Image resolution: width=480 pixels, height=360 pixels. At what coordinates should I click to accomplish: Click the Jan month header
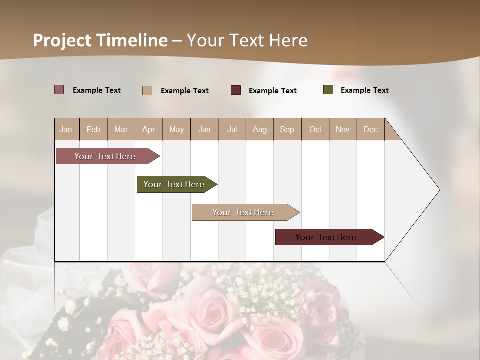click(x=66, y=129)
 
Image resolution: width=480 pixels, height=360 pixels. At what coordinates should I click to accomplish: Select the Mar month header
click(x=121, y=129)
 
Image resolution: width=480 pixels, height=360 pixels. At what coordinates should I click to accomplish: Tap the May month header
click(x=176, y=129)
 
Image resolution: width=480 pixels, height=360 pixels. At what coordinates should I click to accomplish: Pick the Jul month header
click(x=232, y=129)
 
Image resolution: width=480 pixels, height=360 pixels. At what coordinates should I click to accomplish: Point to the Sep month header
click(x=287, y=129)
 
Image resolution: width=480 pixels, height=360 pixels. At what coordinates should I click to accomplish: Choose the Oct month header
click(x=315, y=129)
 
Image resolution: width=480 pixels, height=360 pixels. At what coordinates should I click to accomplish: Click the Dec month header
click(x=370, y=129)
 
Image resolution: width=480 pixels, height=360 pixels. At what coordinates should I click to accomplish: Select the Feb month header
click(x=93, y=129)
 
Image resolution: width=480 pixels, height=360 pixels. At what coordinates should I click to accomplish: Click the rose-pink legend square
click(x=59, y=90)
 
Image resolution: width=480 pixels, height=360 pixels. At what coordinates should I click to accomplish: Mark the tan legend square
click(x=147, y=90)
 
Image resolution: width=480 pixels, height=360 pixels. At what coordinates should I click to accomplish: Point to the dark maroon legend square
click(x=236, y=90)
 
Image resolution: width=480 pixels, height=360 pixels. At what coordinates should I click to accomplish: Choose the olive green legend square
click(x=328, y=90)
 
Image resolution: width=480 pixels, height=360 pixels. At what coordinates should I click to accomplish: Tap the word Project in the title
click(x=62, y=40)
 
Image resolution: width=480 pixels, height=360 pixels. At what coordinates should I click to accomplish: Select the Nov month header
click(x=343, y=129)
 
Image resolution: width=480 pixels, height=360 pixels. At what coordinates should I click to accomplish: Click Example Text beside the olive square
click(x=364, y=90)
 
